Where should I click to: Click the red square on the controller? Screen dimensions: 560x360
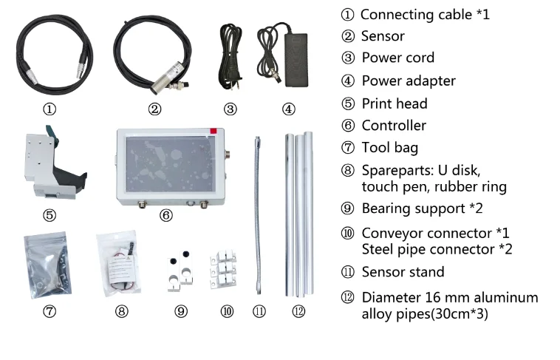[214, 131]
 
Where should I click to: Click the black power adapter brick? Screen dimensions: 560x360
[296, 60]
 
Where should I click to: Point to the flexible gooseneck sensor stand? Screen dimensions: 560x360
[258, 215]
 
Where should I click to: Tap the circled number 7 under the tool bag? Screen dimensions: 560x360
[49, 311]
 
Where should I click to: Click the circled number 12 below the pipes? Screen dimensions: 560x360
[298, 311]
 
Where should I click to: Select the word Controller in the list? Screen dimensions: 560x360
[394, 126]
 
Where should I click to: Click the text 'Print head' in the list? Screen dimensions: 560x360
[395, 103]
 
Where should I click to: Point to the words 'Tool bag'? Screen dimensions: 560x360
[389, 148]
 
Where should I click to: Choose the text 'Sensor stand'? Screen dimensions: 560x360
[403, 272]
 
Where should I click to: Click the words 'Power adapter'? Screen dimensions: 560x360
[409, 81]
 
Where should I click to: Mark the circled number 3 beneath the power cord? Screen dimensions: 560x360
[230, 109]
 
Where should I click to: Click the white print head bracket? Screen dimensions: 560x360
[54, 163]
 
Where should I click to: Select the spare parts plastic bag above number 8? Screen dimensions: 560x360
[118, 263]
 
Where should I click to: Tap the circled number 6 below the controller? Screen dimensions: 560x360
[165, 215]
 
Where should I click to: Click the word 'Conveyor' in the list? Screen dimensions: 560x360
[392, 234]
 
